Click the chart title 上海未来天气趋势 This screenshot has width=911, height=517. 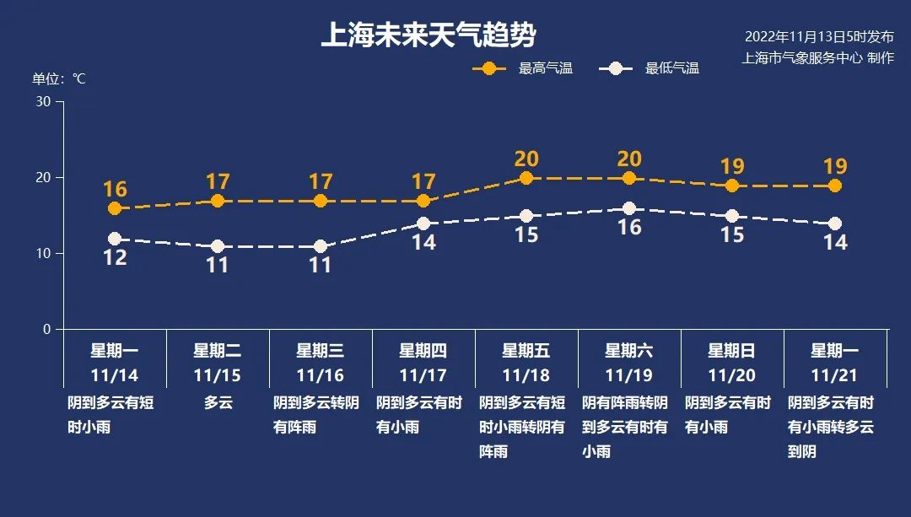point(429,35)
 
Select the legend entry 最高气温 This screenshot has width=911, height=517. point(523,68)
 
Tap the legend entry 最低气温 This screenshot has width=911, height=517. point(649,68)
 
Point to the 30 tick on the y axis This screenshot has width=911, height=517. point(44,102)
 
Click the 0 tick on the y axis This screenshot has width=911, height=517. point(47,330)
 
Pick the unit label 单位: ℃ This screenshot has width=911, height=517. point(59,79)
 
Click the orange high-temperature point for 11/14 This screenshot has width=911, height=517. point(115,208)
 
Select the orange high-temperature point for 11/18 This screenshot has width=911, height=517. point(526,178)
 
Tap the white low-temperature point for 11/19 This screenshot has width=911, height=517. point(629,208)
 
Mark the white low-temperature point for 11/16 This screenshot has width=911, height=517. point(321,246)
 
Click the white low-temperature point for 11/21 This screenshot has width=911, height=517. point(835,223)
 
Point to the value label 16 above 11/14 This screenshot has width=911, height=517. point(115,190)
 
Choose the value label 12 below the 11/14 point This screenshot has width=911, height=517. point(115,257)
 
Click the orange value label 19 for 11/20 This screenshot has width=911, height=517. point(732,167)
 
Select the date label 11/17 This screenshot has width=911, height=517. point(423,376)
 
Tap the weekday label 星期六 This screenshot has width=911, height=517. point(628,351)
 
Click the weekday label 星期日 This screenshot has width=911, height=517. point(731,351)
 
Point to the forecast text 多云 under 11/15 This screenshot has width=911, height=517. point(218,402)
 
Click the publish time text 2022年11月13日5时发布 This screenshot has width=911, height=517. point(819,36)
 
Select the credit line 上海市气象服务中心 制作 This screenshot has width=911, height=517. point(817,57)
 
